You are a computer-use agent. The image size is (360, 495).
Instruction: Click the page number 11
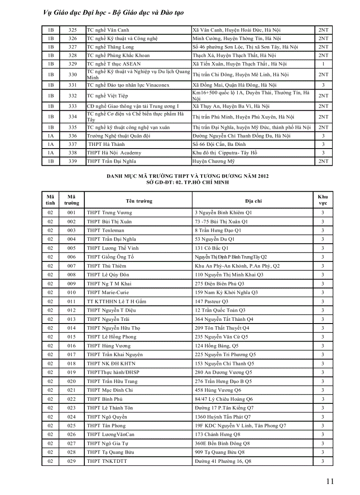coord(330,481)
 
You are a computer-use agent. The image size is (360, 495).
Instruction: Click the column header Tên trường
coord(139,201)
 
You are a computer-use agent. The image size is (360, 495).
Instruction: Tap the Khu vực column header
coord(323,200)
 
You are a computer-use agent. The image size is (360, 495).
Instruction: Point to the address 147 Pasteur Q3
coord(211,301)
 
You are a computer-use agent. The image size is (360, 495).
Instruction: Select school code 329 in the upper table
coord(73,64)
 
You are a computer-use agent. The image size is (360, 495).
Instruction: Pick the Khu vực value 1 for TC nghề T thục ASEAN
coord(323,64)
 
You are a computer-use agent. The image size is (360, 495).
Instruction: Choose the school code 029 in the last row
coord(71,461)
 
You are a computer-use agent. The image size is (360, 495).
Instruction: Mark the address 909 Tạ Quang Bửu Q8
coord(220,452)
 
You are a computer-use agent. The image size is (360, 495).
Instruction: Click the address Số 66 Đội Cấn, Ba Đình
coord(219,144)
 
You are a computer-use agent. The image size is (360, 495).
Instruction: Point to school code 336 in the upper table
coord(73,136)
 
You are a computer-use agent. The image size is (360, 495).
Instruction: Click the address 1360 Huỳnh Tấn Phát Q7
coord(222,417)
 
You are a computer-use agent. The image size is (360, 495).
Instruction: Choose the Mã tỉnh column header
coord(50,200)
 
